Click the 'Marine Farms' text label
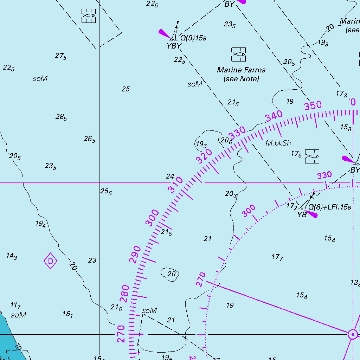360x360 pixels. (241, 70)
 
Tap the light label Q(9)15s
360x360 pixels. (193, 38)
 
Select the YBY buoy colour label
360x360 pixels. (174, 46)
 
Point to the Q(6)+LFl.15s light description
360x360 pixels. (330, 207)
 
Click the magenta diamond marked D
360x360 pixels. (51, 261)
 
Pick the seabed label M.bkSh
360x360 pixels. (278, 143)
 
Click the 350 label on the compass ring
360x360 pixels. (313, 105)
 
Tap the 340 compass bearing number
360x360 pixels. (274, 116)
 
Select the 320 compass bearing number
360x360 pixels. (204, 156)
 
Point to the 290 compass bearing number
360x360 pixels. (135, 255)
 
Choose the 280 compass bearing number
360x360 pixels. (124, 294)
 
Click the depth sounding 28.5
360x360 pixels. (61, 117)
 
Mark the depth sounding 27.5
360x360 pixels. (60, 56)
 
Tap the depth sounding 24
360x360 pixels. (170, 176)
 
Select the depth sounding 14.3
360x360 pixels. (11, 256)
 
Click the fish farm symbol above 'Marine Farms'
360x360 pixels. (239, 54)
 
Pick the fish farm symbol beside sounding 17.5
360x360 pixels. (312, 156)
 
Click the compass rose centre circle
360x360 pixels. (352, 334)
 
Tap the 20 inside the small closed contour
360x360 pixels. (171, 274)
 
